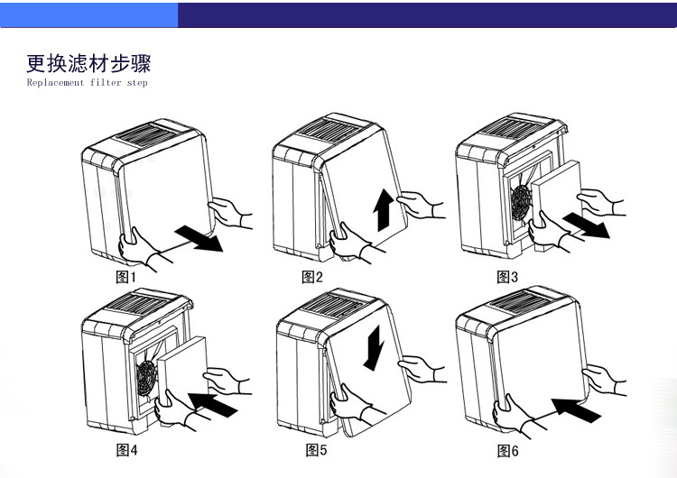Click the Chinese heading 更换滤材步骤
point(88,64)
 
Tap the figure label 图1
point(125,278)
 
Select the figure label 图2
point(311,277)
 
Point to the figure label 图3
point(507,277)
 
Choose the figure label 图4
point(125,448)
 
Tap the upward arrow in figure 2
point(382,211)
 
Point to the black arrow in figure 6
point(576,411)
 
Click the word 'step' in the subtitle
point(136,83)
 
